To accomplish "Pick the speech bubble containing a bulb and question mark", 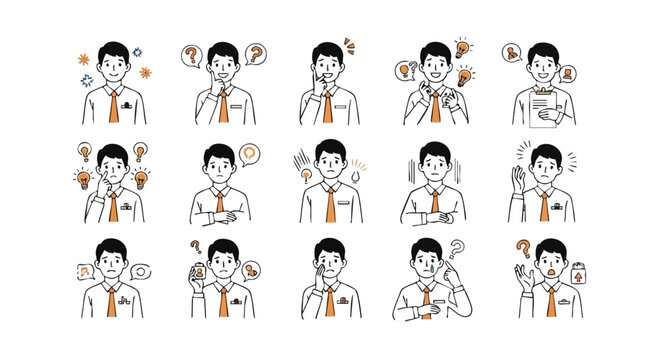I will [405, 69].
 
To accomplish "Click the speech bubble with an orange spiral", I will [249, 154].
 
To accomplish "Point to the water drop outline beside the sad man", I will [357, 176].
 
